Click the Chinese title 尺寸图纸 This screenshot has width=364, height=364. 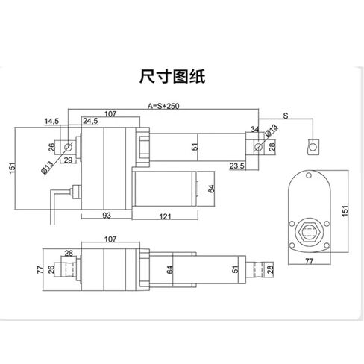tap(172, 76)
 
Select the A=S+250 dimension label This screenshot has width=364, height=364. tap(163, 106)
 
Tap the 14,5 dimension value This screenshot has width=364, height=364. tap(51, 122)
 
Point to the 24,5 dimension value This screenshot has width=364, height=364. tap(90, 121)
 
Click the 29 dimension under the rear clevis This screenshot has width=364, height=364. tap(68, 160)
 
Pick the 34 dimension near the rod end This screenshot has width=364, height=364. tap(254, 129)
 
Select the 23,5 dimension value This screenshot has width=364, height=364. tap(237, 166)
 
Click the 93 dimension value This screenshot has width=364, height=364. tap(107, 216)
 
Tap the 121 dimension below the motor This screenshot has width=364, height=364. tap(165, 217)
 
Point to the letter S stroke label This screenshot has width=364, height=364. tap(286, 116)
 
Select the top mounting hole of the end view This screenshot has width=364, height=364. tap(309, 175)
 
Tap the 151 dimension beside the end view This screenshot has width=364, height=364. tap(345, 210)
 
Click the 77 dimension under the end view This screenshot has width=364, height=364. tap(309, 261)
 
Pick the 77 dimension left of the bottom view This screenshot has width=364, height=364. tap(40, 270)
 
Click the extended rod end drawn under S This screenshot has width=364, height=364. tap(313, 147)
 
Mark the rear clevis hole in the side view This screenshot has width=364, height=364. tap(68, 147)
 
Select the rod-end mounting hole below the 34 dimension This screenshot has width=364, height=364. tap(258, 147)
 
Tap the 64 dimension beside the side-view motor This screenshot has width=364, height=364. tap(211, 189)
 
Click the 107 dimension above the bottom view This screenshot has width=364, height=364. tap(110, 239)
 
